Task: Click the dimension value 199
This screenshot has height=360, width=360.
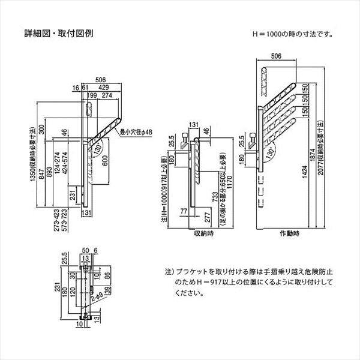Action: pyautogui.click(x=92, y=95)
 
